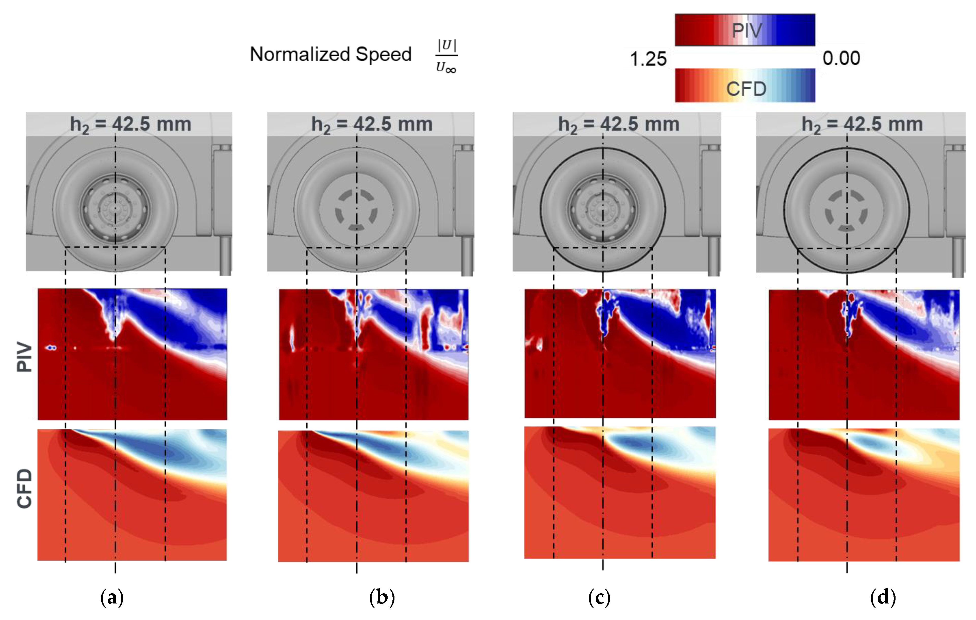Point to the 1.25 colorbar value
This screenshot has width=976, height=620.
pyautogui.click(x=648, y=59)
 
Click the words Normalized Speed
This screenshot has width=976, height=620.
pyautogui.click(x=330, y=54)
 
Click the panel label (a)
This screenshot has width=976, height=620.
pyautogui.click(x=112, y=597)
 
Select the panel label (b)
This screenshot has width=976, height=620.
pyautogui.click(x=382, y=597)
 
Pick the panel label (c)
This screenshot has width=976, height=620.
pyautogui.click(x=599, y=597)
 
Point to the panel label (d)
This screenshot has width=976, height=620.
pyautogui.click(x=883, y=597)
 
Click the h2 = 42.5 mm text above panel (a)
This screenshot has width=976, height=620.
pyautogui.click(x=130, y=124)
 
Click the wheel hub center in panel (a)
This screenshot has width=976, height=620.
pyautogui.click(x=115, y=209)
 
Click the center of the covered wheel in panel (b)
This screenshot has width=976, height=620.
pyautogui.click(x=357, y=210)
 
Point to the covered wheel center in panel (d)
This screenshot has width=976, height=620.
pyautogui.click(x=847, y=211)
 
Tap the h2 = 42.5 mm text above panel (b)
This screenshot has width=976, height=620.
pyautogui.click(x=372, y=124)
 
